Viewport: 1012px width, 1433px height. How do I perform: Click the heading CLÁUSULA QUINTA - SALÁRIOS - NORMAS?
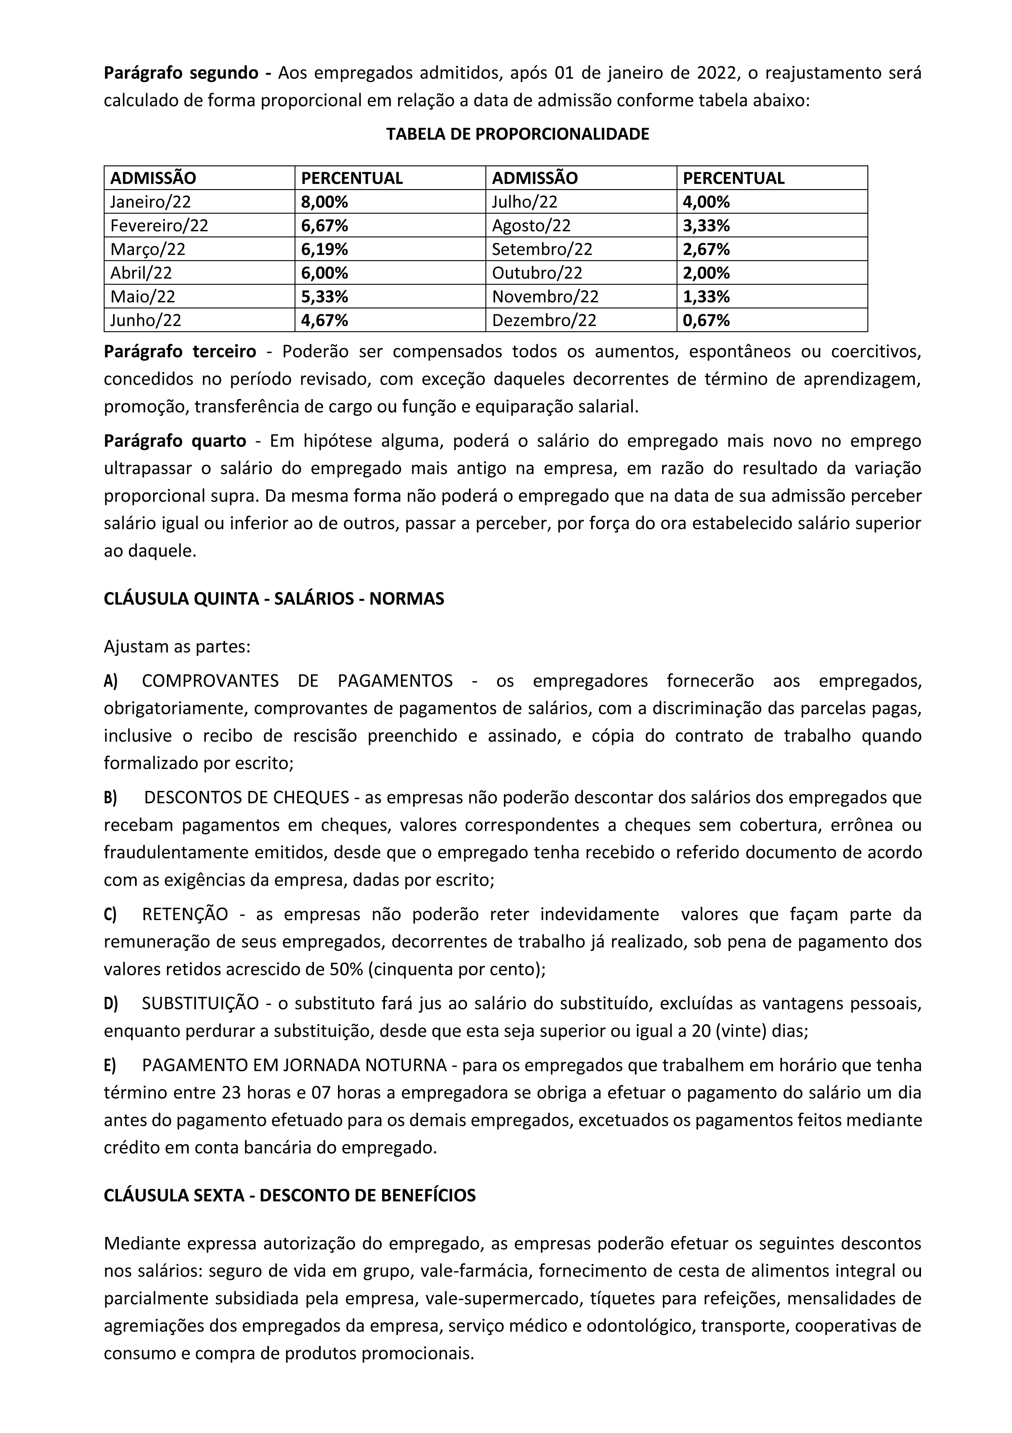point(274,599)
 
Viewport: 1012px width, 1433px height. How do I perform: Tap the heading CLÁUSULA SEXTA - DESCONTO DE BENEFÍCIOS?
point(289,1195)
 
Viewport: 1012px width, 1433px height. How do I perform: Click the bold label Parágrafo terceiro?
point(180,351)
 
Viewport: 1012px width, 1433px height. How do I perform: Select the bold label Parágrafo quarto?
point(175,441)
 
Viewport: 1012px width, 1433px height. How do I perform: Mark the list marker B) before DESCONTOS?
point(111,798)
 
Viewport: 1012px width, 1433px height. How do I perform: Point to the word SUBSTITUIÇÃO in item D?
point(200,1004)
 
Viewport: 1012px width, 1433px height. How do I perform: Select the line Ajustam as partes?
point(177,646)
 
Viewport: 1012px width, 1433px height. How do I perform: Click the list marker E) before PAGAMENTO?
point(110,1065)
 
